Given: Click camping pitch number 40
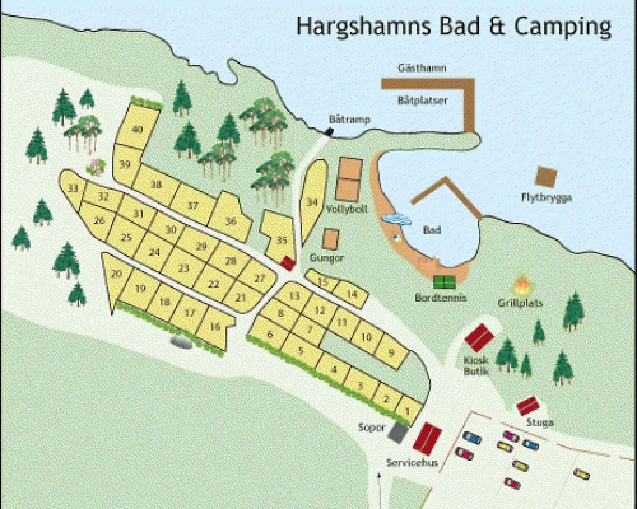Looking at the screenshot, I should tap(136, 129).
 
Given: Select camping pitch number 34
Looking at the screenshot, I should tap(311, 202).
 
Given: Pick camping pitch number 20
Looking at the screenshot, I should tap(116, 274).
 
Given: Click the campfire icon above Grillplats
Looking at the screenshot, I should tap(522, 284).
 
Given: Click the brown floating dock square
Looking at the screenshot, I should tap(546, 177).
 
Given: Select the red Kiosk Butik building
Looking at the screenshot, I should tap(480, 337).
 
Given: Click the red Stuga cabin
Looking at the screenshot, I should tap(528, 405).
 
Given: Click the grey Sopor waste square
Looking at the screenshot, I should tap(399, 432).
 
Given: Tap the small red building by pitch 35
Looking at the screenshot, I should tap(288, 262).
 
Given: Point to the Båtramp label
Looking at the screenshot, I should tap(341, 119).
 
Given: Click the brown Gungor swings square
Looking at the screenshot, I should tap(330, 240).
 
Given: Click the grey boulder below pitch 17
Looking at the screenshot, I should tap(182, 343).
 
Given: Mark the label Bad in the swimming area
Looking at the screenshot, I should tap(432, 230).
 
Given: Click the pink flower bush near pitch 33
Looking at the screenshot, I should tap(96, 167).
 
